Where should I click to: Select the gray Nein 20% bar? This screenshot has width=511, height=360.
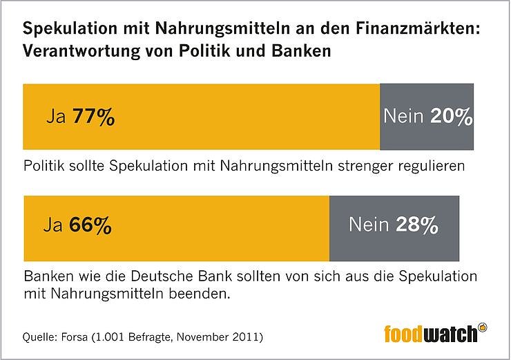tap(427, 117)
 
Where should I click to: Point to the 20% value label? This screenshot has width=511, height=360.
tap(451, 117)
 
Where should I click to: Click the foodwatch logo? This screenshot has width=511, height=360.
tap(432, 334)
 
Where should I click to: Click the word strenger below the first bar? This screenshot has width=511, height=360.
tap(365, 166)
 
